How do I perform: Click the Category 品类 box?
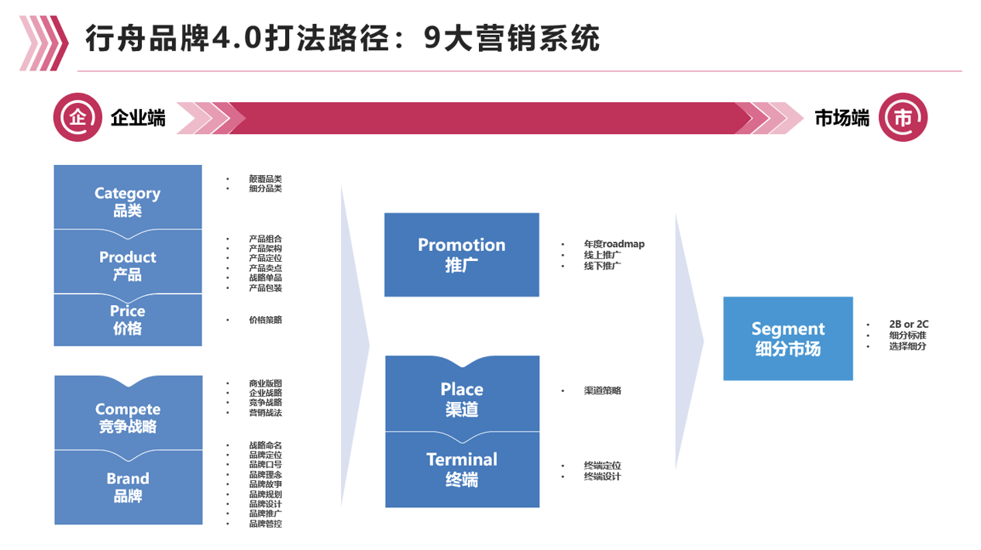pos(127,200)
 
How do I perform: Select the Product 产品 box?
pos(127,264)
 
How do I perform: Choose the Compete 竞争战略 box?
pos(127,417)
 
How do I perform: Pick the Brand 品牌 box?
pos(127,487)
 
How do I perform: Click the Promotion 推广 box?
pos(461,254)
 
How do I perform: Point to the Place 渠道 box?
pos(461,398)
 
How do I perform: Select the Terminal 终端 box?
pos(461,469)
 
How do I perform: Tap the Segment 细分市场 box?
pos(787,339)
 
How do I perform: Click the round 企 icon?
pos(77,118)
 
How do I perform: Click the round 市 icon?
pos(903,118)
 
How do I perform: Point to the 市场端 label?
pos(842,118)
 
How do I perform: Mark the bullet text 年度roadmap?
pos(614,244)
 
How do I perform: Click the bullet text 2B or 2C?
pos(909,325)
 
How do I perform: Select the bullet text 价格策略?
pos(265,319)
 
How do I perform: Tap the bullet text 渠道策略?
pos(602,390)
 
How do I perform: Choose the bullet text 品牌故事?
pos(265,483)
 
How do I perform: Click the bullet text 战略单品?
pos(265,277)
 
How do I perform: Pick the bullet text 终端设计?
pos(602,476)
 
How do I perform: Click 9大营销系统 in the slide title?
pos(512,37)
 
